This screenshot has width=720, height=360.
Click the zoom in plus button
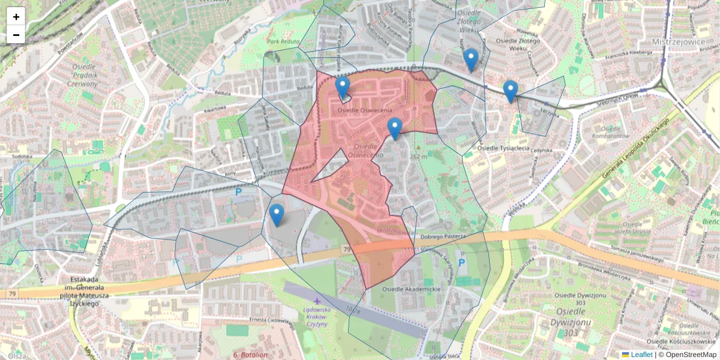coord(16,17)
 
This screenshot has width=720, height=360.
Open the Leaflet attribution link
coord(641,355)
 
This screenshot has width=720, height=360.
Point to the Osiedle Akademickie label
coord(412,289)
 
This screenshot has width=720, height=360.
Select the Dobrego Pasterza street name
coord(443,236)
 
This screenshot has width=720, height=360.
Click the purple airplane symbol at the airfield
coord(316,300)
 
